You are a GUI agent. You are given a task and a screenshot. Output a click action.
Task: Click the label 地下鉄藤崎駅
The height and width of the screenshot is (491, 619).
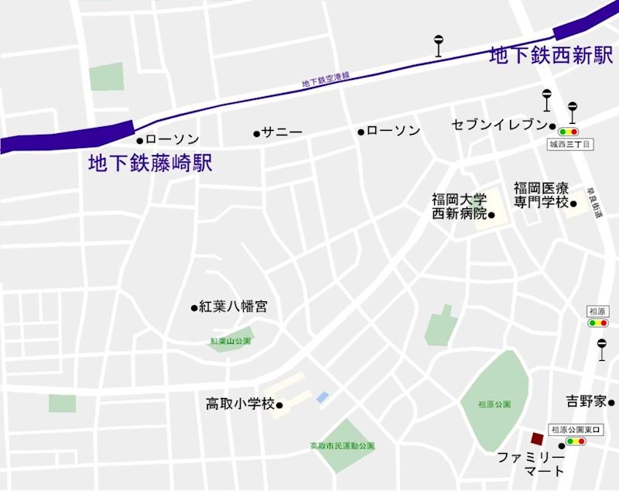coord(149,163)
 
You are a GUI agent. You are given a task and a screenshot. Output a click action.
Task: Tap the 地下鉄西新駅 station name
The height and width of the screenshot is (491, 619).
coord(551,56)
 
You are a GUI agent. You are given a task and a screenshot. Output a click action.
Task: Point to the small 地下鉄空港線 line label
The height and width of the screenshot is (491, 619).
coord(326,78)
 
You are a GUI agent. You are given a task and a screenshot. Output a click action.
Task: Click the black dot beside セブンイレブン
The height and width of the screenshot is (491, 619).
coord(553,125)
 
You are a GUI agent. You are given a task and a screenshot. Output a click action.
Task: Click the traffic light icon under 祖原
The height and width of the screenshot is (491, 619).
coord(597,323)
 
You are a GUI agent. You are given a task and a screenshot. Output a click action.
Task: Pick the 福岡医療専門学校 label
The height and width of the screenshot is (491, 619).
coord(541,195)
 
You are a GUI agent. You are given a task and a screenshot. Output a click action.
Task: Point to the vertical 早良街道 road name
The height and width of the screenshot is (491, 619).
coord(593,203)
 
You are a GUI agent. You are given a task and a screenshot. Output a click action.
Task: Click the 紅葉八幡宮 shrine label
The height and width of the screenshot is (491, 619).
coord(233,307)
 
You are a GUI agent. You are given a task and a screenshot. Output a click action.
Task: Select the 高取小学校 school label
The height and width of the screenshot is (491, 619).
coord(240,403)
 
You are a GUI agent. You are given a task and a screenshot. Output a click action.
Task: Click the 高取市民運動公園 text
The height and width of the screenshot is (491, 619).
coord(342,446)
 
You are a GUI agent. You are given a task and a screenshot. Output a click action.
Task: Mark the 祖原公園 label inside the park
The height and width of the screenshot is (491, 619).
coord(494,404)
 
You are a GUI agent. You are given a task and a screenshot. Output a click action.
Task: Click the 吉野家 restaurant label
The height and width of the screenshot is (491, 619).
coord(585,401)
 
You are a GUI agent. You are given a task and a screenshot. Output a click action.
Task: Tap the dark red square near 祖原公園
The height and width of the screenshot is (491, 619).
coord(537,438)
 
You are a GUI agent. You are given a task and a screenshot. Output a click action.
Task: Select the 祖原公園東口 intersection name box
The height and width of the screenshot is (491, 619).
coord(576,429)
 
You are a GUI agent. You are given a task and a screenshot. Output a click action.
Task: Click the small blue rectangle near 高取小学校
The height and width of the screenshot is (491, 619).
coord(323,397)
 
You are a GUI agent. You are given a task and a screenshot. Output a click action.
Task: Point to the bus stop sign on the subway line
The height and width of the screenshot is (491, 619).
coord(439,46)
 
